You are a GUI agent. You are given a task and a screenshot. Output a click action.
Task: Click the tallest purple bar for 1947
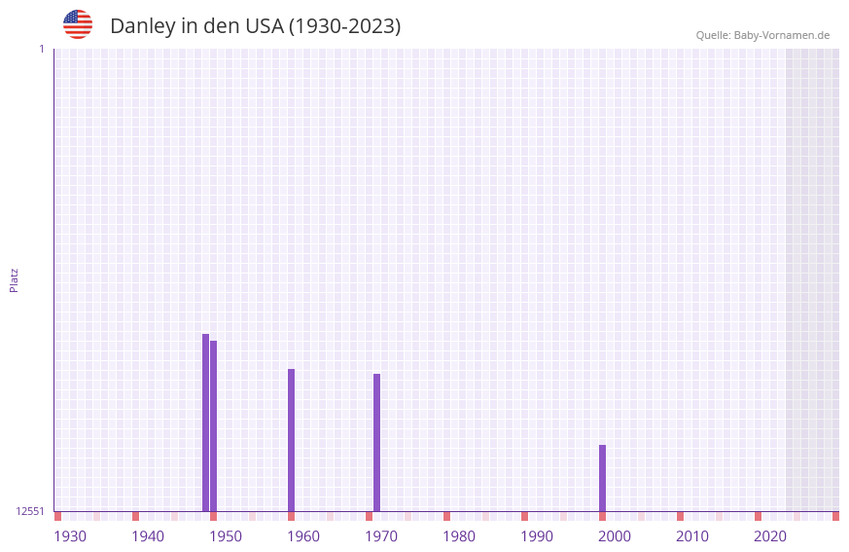click(x=205, y=423)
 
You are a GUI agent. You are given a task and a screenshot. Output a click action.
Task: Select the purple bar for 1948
click(x=213, y=425)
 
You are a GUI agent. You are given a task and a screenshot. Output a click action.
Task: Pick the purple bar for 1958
click(x=291, y=440)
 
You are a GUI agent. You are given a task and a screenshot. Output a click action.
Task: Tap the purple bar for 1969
click(x=376, y=442)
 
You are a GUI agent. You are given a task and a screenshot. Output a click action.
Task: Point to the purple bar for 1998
click(x=602, y=478)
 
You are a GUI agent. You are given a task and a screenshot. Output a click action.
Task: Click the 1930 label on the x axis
click(x=70, y=536)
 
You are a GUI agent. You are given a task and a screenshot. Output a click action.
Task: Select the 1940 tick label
click(x=148, y=536)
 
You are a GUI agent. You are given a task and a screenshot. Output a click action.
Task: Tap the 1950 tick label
click(x=226, y=536)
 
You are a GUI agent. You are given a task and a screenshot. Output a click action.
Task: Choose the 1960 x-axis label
click(x=303, y=536)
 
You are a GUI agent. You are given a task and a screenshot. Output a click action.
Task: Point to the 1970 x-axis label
click(x=381, y=536)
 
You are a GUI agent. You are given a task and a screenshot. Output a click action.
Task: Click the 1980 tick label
click(x=459, y=536)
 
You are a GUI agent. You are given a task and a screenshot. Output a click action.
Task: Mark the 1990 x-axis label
click(x=537, y=536)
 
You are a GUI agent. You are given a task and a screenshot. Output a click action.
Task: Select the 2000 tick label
click(x=615, y=536)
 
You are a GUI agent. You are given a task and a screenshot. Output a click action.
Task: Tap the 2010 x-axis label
click(x=692, y=536)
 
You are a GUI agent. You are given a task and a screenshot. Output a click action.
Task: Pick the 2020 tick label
click(x=770, y=536)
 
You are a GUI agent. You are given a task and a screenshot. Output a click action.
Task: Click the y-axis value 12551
click(x=30, y=511)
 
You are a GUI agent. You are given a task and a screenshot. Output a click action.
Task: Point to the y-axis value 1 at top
click(x=41, y=49)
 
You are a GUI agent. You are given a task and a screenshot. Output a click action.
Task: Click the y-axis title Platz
click(x=14, y=279)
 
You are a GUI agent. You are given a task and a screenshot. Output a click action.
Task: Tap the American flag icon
click(x=78, y=24)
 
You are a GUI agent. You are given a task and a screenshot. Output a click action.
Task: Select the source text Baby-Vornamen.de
click(x=781, y=35)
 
